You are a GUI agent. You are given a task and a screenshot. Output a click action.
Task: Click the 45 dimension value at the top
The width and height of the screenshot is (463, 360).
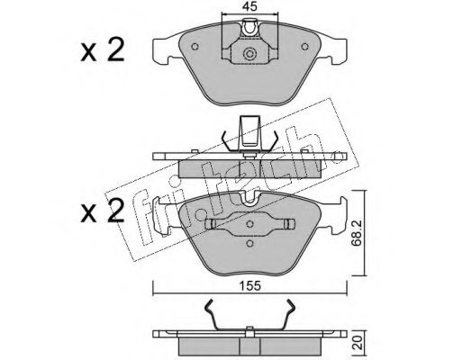250,6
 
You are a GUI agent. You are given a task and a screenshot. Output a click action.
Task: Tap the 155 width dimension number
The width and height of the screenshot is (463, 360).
250,286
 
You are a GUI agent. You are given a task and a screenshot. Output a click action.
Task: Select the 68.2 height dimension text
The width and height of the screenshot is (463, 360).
357,233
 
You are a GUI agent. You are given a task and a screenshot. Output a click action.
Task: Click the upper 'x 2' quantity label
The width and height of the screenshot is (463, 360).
102,50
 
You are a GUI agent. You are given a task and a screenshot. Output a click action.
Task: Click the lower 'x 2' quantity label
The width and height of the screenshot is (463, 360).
102,211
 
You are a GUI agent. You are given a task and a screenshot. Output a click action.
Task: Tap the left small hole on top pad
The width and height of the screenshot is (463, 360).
195,47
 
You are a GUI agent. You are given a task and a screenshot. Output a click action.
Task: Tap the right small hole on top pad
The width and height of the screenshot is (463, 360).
304,47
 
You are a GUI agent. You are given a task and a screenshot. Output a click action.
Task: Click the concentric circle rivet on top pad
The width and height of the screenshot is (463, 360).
250,54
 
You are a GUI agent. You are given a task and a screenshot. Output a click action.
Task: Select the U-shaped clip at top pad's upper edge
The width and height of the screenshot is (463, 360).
250,28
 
